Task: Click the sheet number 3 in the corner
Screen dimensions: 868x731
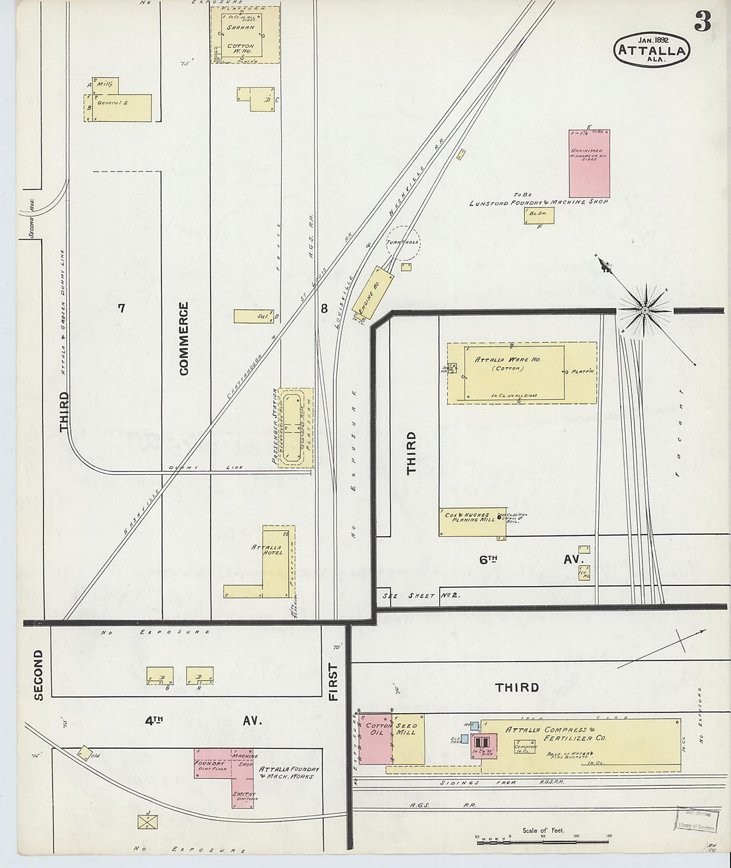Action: pyautogui.click(x=702, y=21)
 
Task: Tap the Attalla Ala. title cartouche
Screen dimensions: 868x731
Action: pyautogui.click(x=652, y=50)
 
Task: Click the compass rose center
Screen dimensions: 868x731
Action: pyautogui.click(x=645, y=310)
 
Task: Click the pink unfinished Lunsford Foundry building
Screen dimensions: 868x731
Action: pyautogui.click(x=589, y=164)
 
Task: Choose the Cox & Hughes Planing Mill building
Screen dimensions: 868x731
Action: pyautogui.click(x=472, y=522)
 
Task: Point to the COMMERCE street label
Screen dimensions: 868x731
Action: pyautogui.click(x=184, y=339)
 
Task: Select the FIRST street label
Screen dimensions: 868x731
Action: pyautogui.click(x=333, y=682)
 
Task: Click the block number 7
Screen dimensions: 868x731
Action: pyautogui.click(x=121, y=307)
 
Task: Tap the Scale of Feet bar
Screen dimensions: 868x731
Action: pyautogui.click(x=542, y=841)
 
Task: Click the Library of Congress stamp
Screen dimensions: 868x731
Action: pyautogui.click(x=696, y=819)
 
